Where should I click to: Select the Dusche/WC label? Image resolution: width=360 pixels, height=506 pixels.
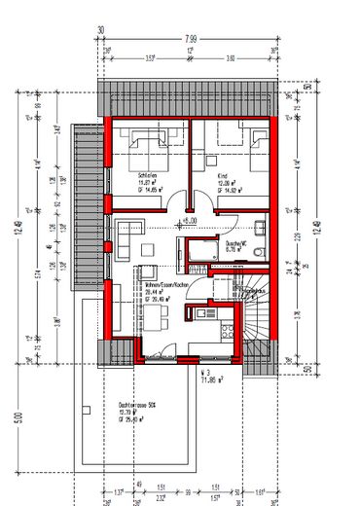point(236,242)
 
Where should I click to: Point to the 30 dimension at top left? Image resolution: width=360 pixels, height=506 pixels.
point(101,29)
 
